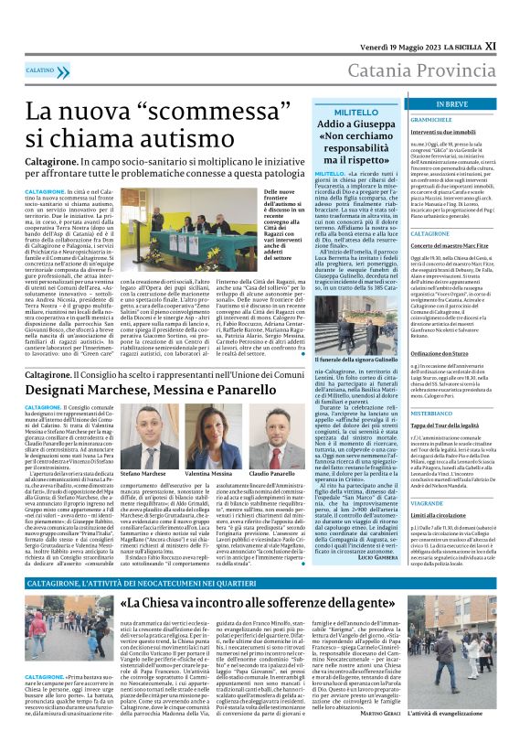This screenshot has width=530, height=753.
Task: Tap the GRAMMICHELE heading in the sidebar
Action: pyautogui.click(x=432, y=120)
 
